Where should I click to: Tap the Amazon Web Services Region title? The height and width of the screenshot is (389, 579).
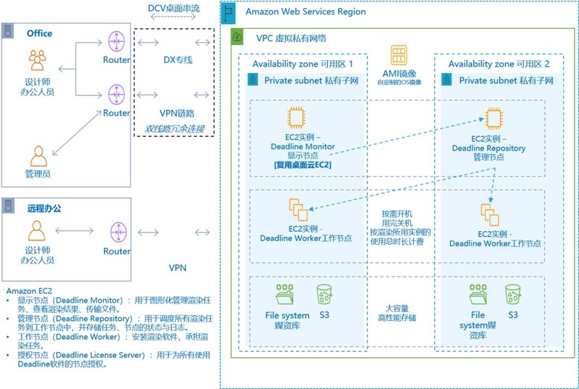point(305,12)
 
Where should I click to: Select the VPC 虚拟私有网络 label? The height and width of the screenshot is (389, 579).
point(292,38)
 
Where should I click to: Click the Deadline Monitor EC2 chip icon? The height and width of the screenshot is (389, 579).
point(297,118)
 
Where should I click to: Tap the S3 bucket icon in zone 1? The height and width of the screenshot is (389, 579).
point(324,294)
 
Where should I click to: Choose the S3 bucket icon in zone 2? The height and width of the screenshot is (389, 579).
point(513,293)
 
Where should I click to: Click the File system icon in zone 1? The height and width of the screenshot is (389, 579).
point(285,294)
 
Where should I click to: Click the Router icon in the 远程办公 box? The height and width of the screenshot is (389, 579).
point(117,232)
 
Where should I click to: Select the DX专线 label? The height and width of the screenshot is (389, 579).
point(177,59)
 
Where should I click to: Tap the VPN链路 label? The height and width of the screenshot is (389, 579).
point(177,113)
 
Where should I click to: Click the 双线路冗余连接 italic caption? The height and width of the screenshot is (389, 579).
point(174,129)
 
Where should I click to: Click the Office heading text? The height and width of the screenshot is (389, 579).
point(39,33)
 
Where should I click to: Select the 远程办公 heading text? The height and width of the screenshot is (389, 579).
point(45,208)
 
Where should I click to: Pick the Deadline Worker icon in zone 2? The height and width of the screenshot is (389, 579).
point(489,214)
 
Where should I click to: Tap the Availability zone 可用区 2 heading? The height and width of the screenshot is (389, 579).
point(499,64)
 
